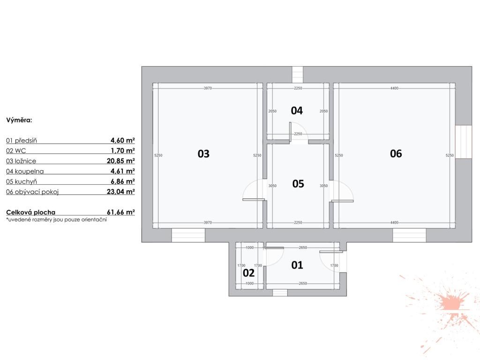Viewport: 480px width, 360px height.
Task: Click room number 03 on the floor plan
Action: tap(203, 154)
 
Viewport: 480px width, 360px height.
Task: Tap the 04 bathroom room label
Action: tap(297, 111)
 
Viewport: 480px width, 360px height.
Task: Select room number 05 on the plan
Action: tap(298, 184)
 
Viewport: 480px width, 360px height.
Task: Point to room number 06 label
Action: tap(396, 154)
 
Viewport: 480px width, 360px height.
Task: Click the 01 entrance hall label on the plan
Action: tap(297, 265)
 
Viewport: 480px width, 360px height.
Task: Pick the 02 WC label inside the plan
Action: tap(248, 273)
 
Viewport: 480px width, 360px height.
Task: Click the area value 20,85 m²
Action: tap(121, 161)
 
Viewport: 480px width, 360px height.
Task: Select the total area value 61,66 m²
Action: tap(121, 212)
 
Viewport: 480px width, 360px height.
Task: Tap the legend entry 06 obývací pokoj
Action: tap(32, 192)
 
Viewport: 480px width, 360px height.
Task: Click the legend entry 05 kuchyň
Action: tap(22, 181)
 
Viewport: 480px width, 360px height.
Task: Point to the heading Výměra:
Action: tap(19, 120)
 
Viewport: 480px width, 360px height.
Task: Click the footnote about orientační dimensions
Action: tap(56, 219)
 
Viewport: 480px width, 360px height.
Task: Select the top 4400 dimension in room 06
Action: tap(394, 88)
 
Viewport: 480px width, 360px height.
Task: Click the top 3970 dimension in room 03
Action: tap(208, 88)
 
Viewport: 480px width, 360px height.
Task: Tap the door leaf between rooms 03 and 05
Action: tap(254, 200)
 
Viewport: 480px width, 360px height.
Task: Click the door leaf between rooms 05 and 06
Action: tap(342, 201)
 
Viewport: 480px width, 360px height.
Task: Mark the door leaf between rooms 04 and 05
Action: tap(290, 132)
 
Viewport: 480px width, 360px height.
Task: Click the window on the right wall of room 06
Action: tap(464, 142)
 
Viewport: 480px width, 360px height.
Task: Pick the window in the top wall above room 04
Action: tap(297, 75)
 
